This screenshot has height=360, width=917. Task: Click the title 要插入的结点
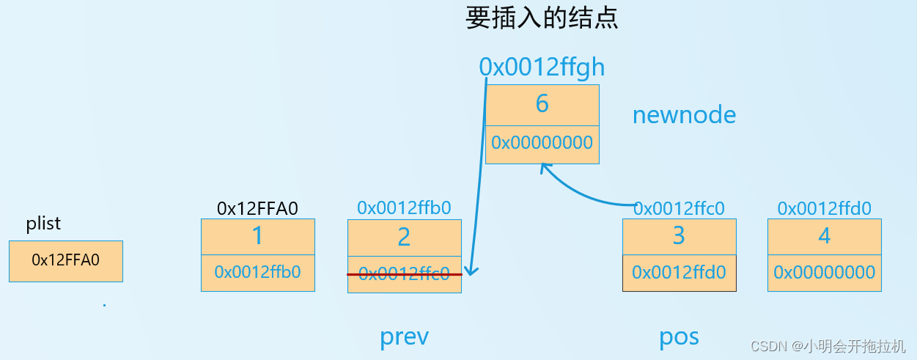tap(542, 18)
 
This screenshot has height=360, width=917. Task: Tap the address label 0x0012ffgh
tap(542, 67)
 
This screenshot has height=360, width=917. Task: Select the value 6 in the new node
tap(542, 104)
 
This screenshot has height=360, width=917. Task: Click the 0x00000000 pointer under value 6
tap(542, 143)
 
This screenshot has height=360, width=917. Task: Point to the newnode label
tap(684, 115)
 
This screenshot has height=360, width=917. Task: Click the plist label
tap(43, 224)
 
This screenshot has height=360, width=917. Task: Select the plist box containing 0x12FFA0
tap(65, 260)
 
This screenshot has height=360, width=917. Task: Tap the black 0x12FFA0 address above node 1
tap(257, 209)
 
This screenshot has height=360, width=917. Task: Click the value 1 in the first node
tap(257, 236)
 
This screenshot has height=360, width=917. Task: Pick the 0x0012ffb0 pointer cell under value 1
tap(257, 272)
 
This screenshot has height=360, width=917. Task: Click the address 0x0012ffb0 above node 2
tap(404, 208)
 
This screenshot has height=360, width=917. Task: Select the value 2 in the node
tap(404, 237)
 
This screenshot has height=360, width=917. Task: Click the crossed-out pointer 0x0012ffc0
tap(404, 274)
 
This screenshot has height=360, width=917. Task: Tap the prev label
tap(404, 337)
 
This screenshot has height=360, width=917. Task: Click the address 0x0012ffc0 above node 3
tap(679, 209)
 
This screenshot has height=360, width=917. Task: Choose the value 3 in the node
tap(679, 236)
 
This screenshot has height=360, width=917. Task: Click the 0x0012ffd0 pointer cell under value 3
tap(679, 273)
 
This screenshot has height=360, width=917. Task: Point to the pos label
tap(679, 337)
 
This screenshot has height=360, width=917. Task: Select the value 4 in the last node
tap(825, 236)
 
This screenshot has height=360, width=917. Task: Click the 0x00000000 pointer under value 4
tap(825, 273)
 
